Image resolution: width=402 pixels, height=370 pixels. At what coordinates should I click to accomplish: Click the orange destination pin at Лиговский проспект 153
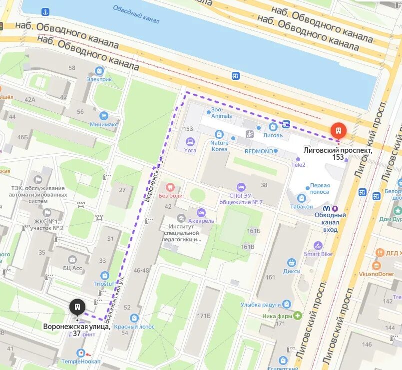[x=339, y=131]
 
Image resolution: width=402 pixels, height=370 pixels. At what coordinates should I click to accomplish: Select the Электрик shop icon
[x=99, y=71]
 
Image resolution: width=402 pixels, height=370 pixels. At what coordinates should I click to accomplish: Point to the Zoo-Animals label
[x=221, y=112]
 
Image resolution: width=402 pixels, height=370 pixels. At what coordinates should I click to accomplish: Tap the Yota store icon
[x=190, y=141]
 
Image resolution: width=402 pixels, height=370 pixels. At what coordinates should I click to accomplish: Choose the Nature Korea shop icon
[x=219, y=134]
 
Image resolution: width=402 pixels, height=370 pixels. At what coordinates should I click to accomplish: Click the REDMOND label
[x=259, y=151]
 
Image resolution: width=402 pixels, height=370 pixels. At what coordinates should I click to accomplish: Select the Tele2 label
[x=312, y=164]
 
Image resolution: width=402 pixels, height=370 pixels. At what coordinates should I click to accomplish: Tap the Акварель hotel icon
[x=201, y=213]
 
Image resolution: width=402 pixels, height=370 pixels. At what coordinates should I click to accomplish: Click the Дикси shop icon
[x=291, y=263]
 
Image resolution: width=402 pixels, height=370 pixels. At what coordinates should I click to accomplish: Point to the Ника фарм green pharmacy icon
[x=298, y=316]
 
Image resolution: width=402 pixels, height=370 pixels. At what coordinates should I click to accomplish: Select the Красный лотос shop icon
[x=134, y=318]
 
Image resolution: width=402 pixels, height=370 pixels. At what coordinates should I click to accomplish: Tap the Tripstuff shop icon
[x=104, y=275]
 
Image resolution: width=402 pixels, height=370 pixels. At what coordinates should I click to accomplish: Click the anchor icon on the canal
[x=45, y=11]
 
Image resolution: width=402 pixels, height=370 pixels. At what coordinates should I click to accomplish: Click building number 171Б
[x=203, y=316]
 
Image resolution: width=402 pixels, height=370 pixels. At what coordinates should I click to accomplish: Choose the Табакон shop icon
[x=301, y=198]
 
